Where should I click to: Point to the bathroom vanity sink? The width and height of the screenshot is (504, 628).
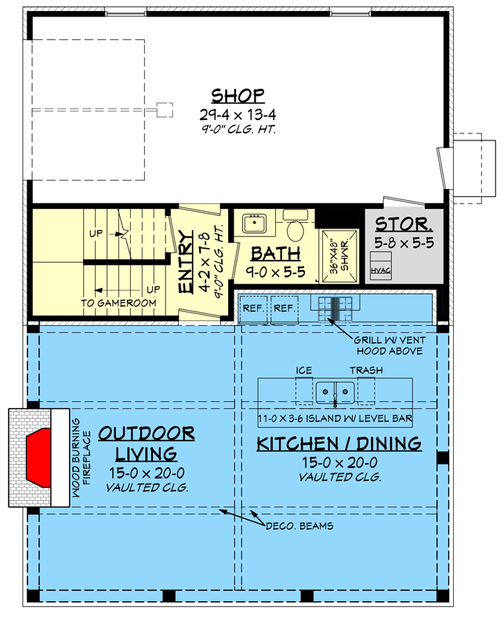coord(254,225)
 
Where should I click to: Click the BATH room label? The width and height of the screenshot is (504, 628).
coord(274,254)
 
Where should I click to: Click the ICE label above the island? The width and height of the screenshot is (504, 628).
coord(303,369)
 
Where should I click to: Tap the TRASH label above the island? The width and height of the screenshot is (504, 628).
coord(365,369)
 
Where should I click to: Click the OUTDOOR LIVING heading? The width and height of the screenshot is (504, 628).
coord(147,444)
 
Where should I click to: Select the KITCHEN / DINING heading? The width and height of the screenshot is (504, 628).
coord(339,444)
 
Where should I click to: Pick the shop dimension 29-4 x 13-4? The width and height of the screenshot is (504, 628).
coord(238,114)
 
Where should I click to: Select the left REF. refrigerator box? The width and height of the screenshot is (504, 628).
coord(253,309)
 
